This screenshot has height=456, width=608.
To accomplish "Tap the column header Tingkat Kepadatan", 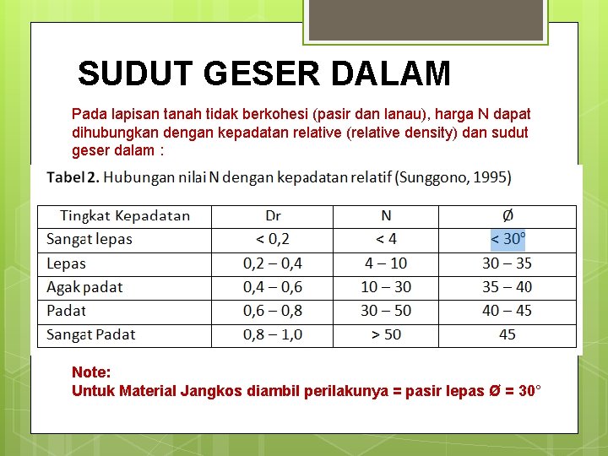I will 125,216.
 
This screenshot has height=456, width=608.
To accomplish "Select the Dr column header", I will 273,216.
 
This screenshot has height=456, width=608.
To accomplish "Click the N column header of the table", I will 386,216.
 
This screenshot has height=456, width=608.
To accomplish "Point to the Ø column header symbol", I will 508,216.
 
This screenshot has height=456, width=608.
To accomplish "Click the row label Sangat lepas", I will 90,239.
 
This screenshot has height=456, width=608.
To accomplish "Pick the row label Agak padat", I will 84,287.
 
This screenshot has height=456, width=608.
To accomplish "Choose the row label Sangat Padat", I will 91,334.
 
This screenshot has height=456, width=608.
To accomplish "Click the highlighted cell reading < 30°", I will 508,239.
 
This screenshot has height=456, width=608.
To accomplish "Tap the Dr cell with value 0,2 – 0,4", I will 273,263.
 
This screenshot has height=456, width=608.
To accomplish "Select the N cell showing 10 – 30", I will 386,287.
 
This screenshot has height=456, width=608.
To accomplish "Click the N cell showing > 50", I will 386,334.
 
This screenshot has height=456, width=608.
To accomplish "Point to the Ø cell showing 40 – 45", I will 508,311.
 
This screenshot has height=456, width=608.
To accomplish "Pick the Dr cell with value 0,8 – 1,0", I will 273,334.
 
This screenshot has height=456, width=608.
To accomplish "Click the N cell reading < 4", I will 386,239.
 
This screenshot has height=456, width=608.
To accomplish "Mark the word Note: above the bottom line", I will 91,372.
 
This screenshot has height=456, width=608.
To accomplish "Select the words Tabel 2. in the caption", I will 73,177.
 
